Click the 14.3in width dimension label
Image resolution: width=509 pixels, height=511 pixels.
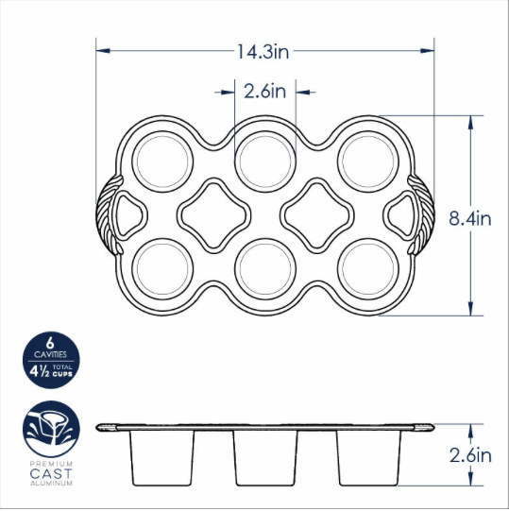[265, 52]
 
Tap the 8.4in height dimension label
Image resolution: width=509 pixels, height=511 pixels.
[470, 219]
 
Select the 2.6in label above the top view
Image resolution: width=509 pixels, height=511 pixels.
[264, 92]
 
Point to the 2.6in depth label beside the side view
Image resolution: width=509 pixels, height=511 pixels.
[470, 454]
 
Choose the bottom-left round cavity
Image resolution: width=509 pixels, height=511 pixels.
[161, 268]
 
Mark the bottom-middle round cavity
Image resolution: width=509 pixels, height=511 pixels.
[263, 268]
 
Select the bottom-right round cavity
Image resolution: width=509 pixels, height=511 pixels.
[365, 268]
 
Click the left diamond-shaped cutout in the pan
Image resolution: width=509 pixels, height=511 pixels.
[212, 213]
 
